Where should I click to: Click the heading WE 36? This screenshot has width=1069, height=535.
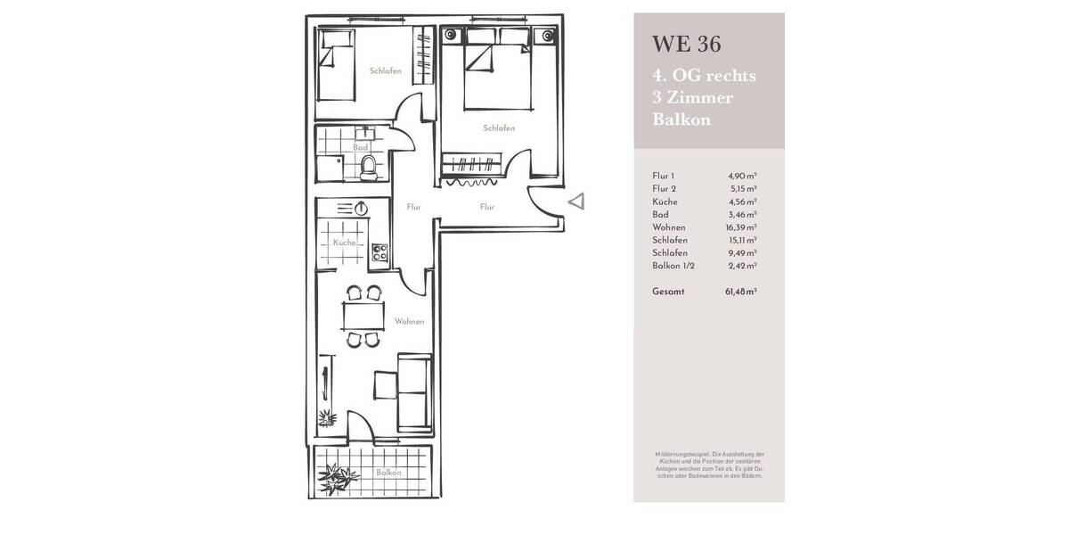pos(686,44)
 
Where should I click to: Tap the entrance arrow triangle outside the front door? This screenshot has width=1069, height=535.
pos(576,202)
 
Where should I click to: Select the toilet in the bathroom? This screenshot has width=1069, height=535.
pos(368,165)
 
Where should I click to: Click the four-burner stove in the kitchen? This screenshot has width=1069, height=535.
pos(379,251)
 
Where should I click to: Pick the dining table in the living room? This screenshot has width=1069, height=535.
pos(363,316)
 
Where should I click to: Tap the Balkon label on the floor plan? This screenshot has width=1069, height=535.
pos(388,473)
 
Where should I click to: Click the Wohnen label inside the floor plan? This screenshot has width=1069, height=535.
pos(410,321)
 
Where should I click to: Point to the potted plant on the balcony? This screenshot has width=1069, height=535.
pos(337,479)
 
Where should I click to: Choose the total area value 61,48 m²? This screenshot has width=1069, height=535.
pos(740,292)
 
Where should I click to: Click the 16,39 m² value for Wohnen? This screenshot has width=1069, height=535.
pos(740,227)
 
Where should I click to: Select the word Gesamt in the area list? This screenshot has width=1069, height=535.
pos(668,292)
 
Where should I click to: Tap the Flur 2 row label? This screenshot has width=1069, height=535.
pos(665,189)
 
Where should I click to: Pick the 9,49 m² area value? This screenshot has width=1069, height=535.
pos(742,253)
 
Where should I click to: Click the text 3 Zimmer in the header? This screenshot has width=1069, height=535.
pos(693,98)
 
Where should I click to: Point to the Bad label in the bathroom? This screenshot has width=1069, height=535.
pos(360,148)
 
